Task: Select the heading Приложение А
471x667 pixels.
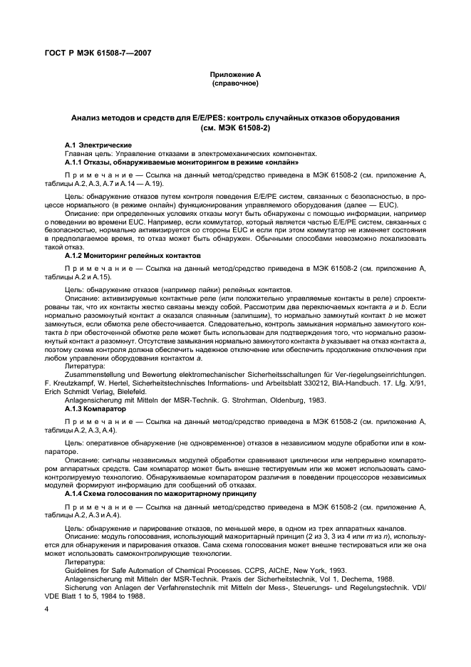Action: (x=234, y=75)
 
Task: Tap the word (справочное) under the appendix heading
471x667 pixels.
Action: (x=234, y=83)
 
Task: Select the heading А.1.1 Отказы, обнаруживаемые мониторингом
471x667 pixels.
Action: (x=182, y=162)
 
